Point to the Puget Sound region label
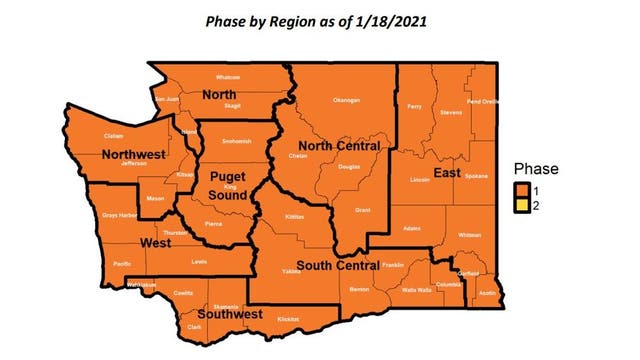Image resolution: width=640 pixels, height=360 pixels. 227,184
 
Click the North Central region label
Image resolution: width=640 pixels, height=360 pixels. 341,146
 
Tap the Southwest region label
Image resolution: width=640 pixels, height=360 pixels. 230,314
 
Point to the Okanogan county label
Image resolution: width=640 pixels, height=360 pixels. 345,100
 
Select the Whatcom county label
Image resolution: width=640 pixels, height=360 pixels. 229,77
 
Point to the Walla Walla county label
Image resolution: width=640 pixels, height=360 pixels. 416,289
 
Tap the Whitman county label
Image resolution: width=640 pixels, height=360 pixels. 468,234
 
